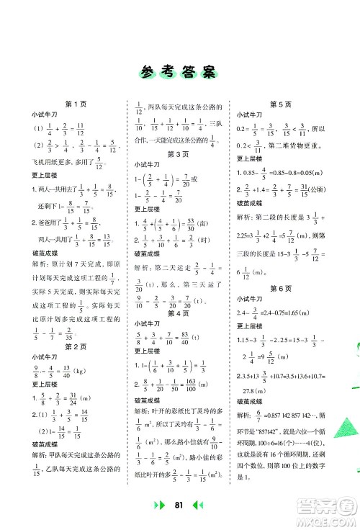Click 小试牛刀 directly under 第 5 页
[x=251, y=115]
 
